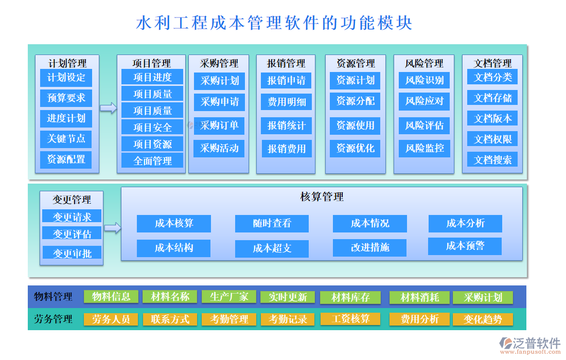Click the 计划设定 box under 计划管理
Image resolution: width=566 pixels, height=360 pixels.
[x=66, y=78]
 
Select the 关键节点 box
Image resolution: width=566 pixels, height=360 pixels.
[x=66, y=139]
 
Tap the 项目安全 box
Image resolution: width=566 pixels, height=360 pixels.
[x=152, y=127]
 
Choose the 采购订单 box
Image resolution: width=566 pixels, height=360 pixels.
[x=219, y=125]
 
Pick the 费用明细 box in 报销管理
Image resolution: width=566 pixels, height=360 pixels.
[x=287, y=102]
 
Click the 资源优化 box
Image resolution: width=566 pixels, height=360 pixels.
[x=355, y=149]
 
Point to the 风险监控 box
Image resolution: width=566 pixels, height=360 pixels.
[x=424, y=149]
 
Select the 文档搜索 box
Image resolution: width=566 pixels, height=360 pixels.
[x=492, y=159]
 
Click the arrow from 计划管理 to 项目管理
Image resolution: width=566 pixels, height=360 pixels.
[x=108, y=107]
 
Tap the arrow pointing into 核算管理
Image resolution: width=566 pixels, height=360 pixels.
[x=112, y=228]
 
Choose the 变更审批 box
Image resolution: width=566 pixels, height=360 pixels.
[x=72, y=253]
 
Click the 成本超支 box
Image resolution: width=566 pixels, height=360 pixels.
[x=272, y=248]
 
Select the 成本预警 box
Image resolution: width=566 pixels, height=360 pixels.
[x=465, y=246]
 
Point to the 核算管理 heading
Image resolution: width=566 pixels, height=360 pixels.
[x=322, y=196]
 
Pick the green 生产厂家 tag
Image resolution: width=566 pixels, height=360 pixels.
[x=229, y=297]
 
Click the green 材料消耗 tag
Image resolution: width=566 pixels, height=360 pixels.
[x=420, y=297]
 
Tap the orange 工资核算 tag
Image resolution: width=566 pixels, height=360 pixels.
[x=351, y=319]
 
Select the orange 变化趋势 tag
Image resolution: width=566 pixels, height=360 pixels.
[x=483, y=319]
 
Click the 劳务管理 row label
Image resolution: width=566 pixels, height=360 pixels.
[x=53, y=319]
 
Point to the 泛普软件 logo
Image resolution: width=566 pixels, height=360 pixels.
[x=530, y=344]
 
